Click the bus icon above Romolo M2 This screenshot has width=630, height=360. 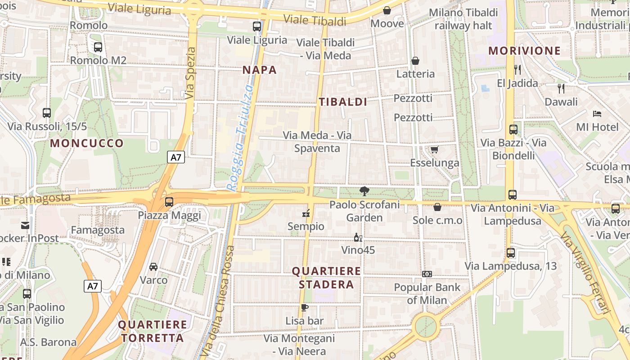click(98, 47)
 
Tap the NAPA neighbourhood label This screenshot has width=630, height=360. click(260, 70)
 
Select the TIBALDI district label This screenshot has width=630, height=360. click(343, 102)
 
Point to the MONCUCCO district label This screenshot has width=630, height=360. click(87, 144)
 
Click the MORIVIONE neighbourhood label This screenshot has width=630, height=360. click(525, 50)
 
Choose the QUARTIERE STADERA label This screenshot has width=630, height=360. click(326, 278)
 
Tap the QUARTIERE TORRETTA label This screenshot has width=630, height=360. click(153, 331)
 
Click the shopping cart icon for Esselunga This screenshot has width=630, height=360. click(434, 149)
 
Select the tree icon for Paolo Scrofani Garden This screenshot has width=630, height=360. click(364, 192)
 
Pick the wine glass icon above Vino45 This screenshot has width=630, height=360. click(358, 237)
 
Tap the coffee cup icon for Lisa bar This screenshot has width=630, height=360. click(305, 308)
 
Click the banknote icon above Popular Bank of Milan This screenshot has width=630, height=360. click(427, 274)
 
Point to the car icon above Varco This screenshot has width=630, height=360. click(153, 266)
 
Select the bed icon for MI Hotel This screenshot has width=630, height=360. click(597, 113)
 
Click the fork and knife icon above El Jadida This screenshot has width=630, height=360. click(517, 69)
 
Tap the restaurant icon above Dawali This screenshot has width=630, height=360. click(561, 88)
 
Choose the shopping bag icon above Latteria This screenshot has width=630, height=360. click(415, 60)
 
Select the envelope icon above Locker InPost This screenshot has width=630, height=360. click(25, 225)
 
